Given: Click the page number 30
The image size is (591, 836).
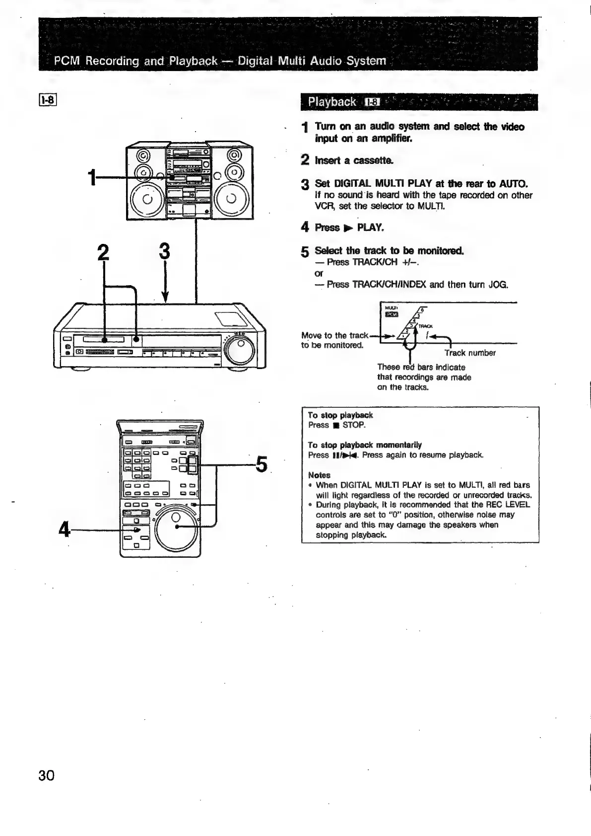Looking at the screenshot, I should coord(46,775).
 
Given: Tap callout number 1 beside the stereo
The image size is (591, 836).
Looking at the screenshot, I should coord(92,177).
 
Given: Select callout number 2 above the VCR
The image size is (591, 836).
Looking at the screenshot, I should coord(103,252).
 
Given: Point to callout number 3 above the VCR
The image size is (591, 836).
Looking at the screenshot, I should coord(164,251).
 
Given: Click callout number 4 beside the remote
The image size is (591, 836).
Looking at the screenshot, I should coord(64,530).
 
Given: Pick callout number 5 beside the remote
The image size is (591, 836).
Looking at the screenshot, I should coord(261,465).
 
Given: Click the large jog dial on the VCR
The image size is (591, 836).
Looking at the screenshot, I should coord(241,350).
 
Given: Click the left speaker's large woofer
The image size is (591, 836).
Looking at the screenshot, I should coord(147,199).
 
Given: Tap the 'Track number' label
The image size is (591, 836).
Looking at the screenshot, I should coord(470,353).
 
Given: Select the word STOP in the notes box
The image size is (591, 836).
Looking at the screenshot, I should coord(354,425).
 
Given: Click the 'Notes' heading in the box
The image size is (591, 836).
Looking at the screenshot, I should coord(319,475).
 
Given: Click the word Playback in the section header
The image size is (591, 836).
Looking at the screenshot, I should coord(332,102).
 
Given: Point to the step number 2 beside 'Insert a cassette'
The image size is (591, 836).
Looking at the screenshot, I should coord(305,160).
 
